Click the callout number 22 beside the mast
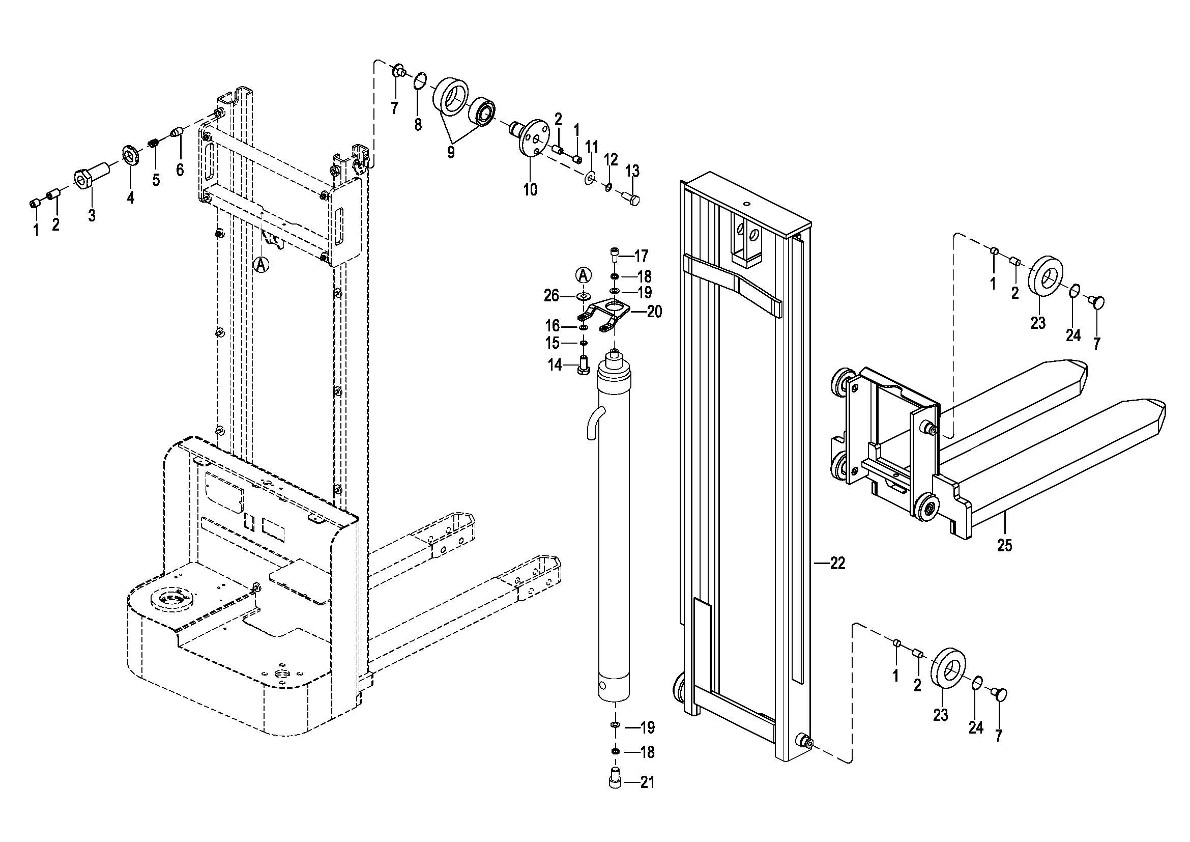click(837, 563)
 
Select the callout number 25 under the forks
click(1004, 545)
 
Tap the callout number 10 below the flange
click(530, 190)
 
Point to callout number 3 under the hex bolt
click(92, 215)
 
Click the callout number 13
click(632, 171)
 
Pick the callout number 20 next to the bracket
click(655, 312)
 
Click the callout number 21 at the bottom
click(647, 782)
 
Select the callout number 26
click(552, 296)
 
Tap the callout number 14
click(555, 366)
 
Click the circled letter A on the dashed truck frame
click(262, 264)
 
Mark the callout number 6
click(180, 169)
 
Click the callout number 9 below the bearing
click(450, 152)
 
